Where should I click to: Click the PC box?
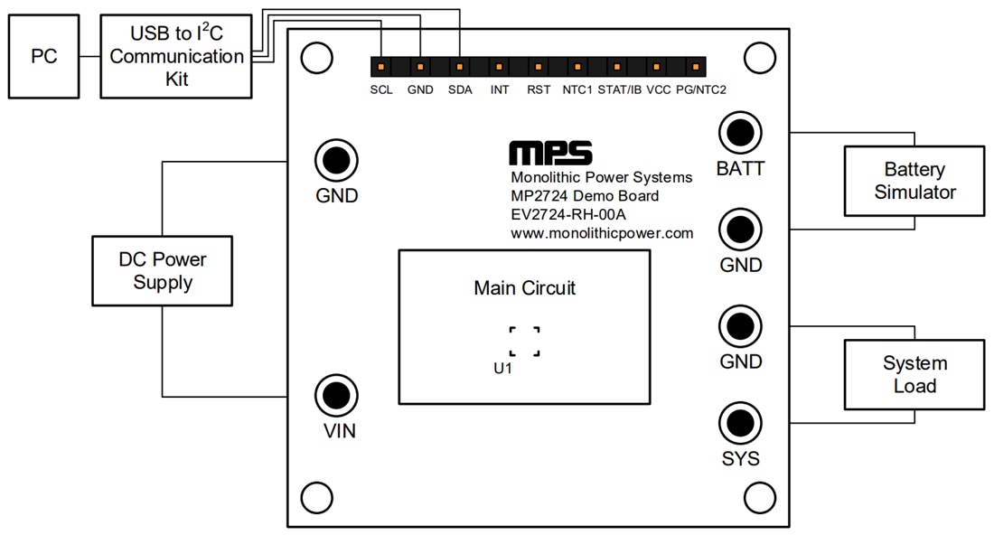click(x=43, y=56)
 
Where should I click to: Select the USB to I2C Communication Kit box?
click(x=176, y=56)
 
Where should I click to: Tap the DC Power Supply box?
click(x=163, y=271)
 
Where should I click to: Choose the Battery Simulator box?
click(x=914, y=181)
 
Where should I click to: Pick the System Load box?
click(x=914, y=374)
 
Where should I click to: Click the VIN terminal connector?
click(x=336, y=395)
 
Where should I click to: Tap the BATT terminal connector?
click(x=740, y=133)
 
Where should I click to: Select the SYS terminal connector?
click(x=740, y=423)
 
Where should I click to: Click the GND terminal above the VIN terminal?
click(x=336, y=161)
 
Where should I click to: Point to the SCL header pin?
click(x=381, y=67)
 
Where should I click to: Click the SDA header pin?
click(x=460, y=67)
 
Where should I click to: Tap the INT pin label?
click(x=500, y=89)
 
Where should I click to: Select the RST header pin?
click(x=539, y=67)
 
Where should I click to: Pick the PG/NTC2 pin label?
click(x=701, y=89)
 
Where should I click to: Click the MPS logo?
click(x=550, y=152)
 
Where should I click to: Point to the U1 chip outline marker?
click(x=524, y=342)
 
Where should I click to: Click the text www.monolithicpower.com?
click(x=602, y=233)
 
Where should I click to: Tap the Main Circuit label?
click(x=524, y=288)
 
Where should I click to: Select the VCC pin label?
click(x=659, y=89)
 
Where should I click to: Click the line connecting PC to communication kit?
click(x=89, y=56)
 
